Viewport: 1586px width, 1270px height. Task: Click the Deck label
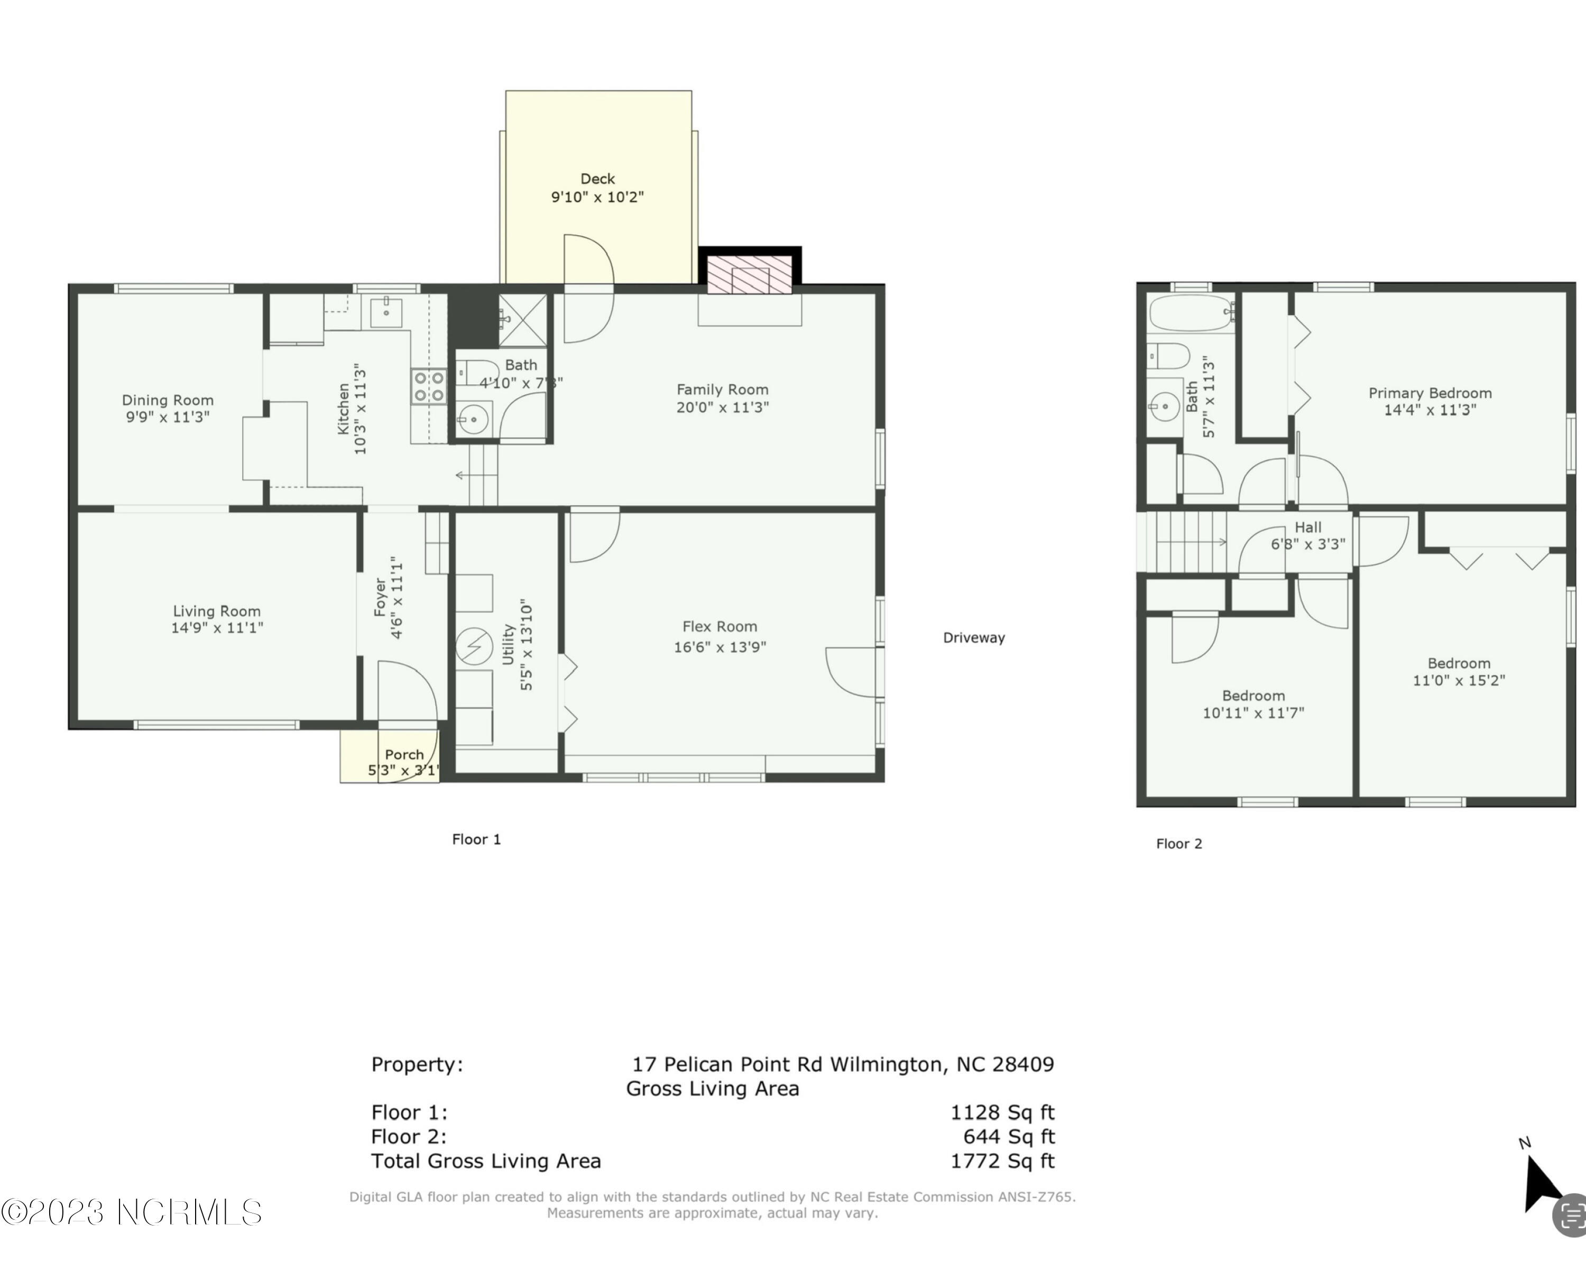point(597,179)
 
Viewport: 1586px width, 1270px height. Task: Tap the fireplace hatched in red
point(750,274)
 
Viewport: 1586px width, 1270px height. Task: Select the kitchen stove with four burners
point(428,387)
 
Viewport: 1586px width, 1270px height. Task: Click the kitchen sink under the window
point(386,312)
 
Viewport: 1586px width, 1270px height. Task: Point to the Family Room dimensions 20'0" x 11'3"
point(722,407)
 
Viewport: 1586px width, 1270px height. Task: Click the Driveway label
point(973,637)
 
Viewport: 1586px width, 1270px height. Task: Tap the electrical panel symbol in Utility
point(474,646)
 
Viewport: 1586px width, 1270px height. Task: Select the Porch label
point(404,755)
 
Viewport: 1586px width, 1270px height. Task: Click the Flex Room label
point(720,626)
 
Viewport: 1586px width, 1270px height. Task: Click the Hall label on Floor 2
point(1308,527)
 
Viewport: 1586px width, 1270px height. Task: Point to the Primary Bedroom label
point(1430,393)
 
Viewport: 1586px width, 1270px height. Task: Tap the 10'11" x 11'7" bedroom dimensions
point(1253,712)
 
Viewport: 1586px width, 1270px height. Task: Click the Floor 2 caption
point(1178,843)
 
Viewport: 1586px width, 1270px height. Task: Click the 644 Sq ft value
point(1009,1136)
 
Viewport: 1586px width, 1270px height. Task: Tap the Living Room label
point(216,611)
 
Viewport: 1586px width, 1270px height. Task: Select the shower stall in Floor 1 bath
point(523,320)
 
